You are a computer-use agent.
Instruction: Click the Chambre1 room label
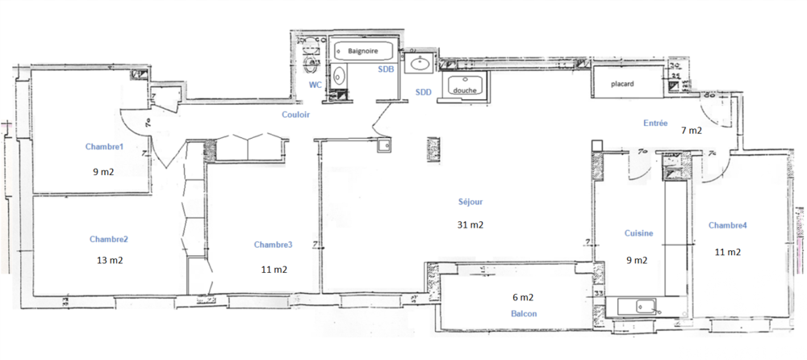click(x=105, y=147)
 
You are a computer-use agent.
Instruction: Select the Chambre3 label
click(x=273, y=245)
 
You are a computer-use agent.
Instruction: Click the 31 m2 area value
click(x=470, y=224)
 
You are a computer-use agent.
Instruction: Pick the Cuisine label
click(x=638, y=233)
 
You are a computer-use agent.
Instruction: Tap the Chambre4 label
click(x=726, y=225)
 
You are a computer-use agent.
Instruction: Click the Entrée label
click(x=654, y=123)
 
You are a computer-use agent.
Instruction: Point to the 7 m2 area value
click(x=692, y=129)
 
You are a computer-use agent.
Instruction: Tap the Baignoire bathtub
click(x=363, y=51)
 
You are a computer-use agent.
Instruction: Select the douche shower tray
click(x=465, y=90)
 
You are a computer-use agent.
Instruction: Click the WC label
click(x=316, y=84)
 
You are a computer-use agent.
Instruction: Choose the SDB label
click(x=386, y=70)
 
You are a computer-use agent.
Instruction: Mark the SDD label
click(x=423, y=93)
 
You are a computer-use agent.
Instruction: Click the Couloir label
click(x=295, y=115)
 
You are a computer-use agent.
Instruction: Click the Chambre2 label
click(x=110, y=239)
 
